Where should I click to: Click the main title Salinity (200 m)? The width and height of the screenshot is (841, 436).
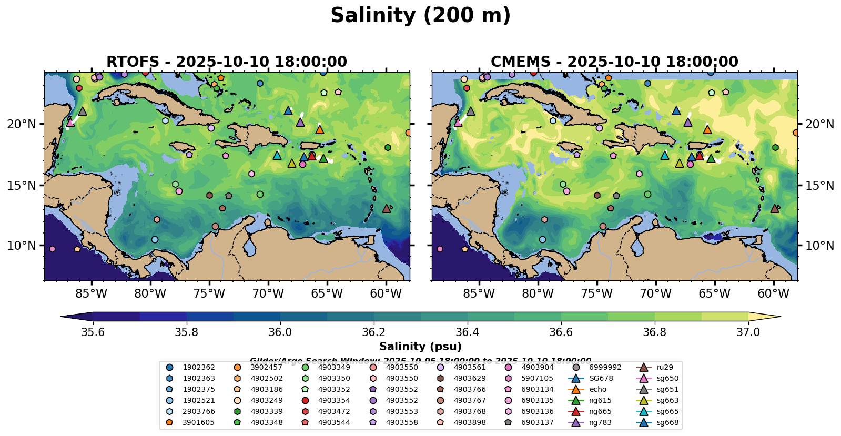(420, 16)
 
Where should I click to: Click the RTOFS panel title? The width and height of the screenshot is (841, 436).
(227, 62)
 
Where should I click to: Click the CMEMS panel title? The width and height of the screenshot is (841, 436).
(614, 62)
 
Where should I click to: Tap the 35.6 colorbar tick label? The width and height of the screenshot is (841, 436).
(93, 332)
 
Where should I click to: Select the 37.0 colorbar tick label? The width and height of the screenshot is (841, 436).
(748, 332)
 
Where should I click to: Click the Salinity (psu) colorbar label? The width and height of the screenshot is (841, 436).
(420, 347)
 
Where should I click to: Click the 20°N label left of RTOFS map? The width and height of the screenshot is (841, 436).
(22, 124)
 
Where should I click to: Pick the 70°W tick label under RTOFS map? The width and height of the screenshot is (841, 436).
(268, 293)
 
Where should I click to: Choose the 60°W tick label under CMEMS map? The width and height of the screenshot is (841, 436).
(773, 293)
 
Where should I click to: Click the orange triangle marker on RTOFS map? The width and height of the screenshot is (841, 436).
(319, 129)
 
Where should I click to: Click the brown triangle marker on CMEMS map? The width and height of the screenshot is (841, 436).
(774, 208)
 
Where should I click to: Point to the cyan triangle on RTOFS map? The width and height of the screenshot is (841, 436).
(277, 155)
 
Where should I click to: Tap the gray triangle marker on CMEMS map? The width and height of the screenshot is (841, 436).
(470, 111)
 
